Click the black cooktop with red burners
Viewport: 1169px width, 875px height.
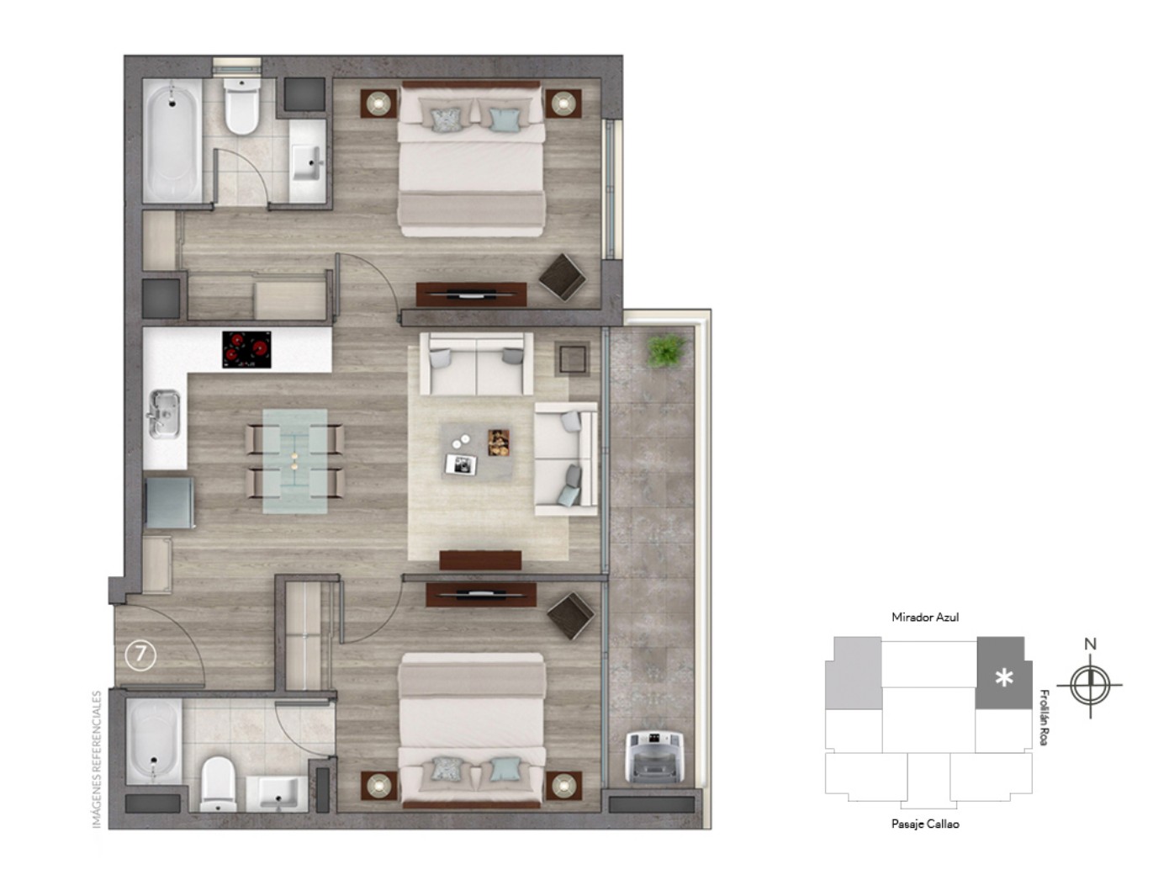pos(246,349)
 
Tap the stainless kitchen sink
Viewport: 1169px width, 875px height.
pos(164,414)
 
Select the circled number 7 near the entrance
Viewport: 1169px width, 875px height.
pos(140,655)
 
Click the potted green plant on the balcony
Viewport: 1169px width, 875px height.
pos(665,350)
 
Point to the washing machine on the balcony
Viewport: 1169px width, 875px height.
pos(654,756)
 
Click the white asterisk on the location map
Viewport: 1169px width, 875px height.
pos(1004,678)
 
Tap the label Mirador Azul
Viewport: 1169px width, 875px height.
pos(925,618)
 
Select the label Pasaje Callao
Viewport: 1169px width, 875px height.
pos(925,824)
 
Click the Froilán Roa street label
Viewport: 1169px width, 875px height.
pos(1045,718)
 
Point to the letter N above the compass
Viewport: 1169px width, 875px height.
pos(1090,644)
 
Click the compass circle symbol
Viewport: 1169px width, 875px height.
pos(1090,685)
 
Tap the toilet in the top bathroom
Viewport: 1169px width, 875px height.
pos(241,106)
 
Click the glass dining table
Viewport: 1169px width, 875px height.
pos(295,461)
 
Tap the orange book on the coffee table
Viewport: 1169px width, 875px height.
pos(499,443)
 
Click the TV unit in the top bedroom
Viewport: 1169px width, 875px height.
pos(471,294)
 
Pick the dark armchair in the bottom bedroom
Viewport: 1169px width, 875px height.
pos(570,616)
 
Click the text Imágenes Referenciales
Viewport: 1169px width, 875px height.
pos(97,760)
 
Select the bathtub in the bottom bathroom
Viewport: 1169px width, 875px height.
pos(155,741)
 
